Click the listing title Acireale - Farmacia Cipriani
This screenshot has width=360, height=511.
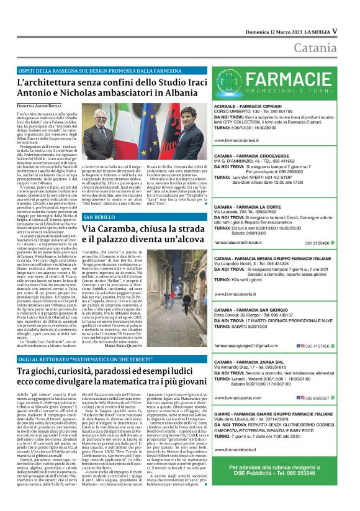tap(250, 106)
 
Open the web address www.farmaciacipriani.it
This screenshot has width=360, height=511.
tap(242, 141)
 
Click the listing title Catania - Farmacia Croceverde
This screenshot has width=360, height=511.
tap(254, 157)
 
